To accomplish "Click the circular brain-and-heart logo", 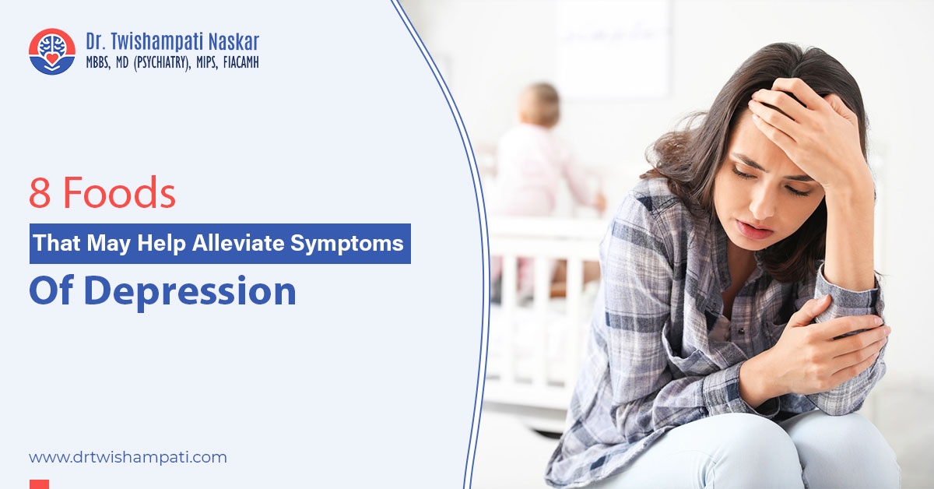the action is point(52,51).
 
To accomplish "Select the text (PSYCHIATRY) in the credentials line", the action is point(162,63).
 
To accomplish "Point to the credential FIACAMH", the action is point(241,62).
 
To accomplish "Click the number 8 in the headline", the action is point(40,193).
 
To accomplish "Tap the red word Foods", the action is point(119,192).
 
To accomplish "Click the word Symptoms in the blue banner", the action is point(347,244).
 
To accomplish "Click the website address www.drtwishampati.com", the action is point(128,457).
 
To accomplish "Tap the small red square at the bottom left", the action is point(39,484).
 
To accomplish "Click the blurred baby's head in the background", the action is point(539,104).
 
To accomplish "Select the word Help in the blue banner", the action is point(161,243).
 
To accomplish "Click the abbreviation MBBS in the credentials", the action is point(98,62).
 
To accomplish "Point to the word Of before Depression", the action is point(51,290).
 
